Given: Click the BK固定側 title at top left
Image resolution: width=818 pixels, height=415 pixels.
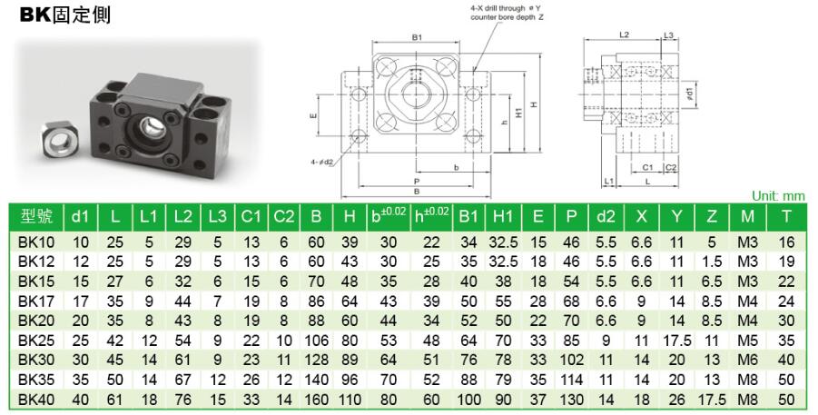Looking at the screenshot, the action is pos(65,15).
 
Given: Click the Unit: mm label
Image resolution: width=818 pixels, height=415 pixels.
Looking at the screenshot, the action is pos(778,196).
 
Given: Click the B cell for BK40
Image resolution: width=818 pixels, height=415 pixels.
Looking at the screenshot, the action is pos(316,400).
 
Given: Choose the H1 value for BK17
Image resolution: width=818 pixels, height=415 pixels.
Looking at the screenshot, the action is pos(503,301).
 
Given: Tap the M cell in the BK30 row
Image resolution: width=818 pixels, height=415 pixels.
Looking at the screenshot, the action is pos(747,361).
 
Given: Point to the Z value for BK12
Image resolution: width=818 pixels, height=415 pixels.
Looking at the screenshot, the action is pos(712,262).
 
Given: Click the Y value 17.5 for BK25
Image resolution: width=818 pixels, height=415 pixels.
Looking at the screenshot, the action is pos(676,341).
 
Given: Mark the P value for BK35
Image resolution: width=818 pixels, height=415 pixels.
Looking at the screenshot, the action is pos(571,380).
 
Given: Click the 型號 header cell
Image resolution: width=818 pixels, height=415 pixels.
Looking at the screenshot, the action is pos(36,216).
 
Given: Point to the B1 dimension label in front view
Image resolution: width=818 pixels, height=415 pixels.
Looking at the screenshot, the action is pos(417,37).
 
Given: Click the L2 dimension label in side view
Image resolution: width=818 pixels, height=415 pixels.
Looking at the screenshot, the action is pos(624,35).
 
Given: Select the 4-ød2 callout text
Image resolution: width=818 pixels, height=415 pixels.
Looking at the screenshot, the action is pos(322,162).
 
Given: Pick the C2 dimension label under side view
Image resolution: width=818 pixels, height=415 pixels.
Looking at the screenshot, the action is pos(671,168).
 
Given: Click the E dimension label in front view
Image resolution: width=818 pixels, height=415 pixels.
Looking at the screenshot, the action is pos(313,116).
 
